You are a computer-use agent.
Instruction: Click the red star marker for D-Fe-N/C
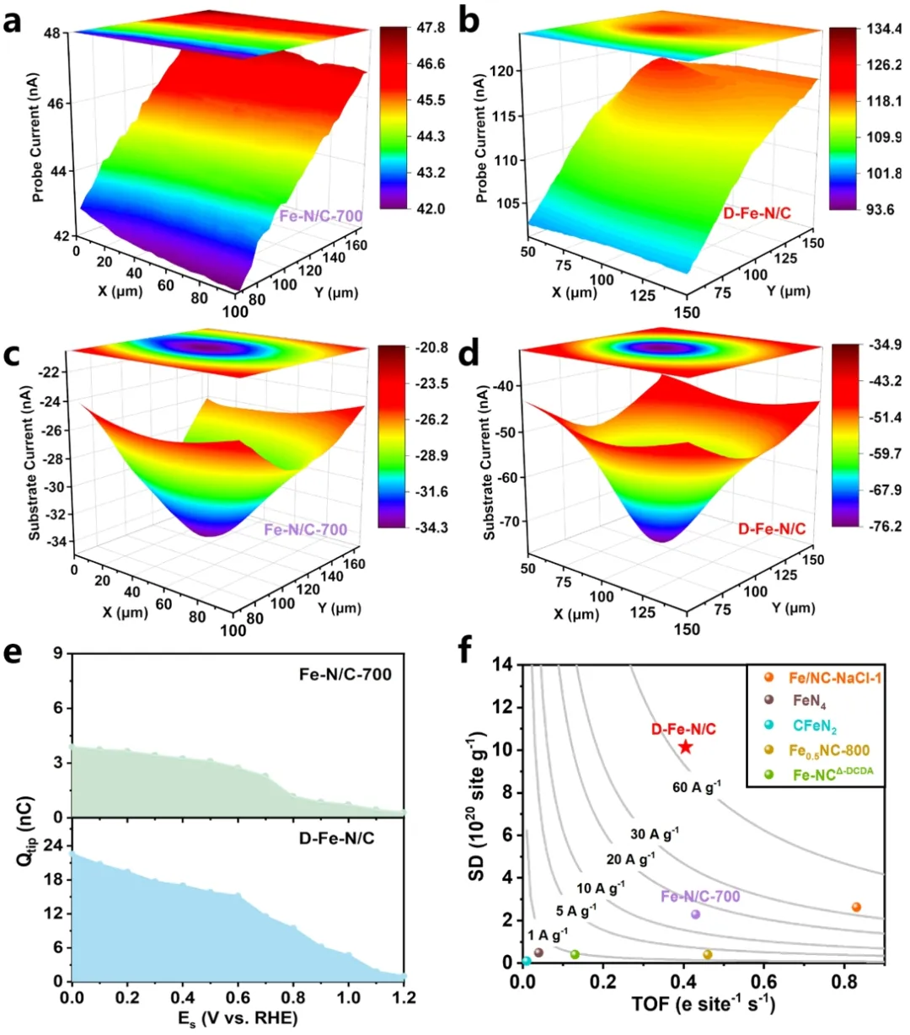point(686,747)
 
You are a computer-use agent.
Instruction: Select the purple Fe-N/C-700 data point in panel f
point(696,914)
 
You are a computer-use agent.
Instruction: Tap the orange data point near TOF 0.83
point(856,907)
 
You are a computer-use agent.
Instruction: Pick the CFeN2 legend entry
point(814,722)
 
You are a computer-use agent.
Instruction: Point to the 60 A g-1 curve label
point(697,787)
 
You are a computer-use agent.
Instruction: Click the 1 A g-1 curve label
point(548,934)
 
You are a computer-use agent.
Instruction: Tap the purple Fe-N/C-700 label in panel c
point(306,530)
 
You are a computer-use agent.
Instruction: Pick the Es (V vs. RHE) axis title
point(238,1018)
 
